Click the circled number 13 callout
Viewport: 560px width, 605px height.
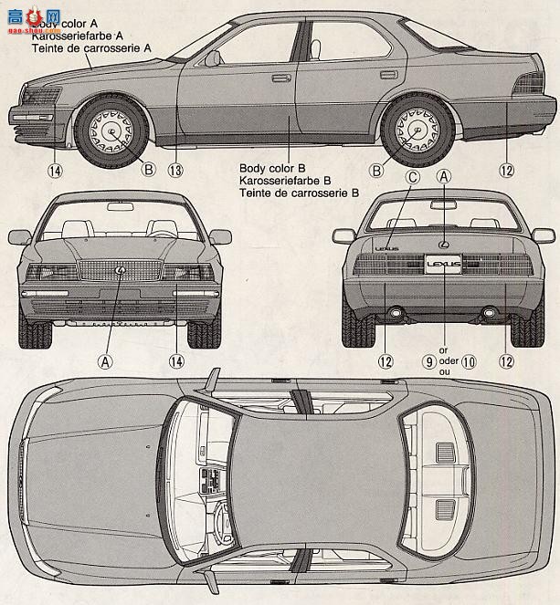[175, 170]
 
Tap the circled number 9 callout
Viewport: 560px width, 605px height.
[428, 361]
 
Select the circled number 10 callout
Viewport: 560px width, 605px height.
[469, 361]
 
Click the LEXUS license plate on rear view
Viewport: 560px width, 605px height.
[444, 265]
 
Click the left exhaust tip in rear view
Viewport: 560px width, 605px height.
[397, 314]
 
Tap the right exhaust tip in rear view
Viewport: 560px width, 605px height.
[489, 314]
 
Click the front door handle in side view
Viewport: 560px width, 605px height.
[280, 78]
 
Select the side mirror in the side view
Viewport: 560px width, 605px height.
[212, 59]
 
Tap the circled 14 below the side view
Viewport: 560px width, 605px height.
[56, 170]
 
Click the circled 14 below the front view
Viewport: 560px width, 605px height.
[176, 361]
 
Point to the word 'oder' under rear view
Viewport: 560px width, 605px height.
[446, 361]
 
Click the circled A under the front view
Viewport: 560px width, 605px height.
[106, 361]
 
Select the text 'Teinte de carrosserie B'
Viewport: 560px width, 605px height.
[299, 194]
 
